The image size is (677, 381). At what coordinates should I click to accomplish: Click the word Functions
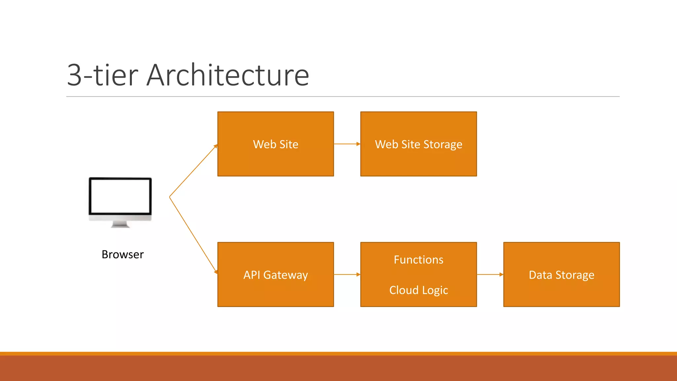click(x=418, y=260)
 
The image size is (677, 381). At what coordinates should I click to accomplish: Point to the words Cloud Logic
click(x=418, y=290)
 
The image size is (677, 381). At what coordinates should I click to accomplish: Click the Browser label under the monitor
click(x=123, y=254)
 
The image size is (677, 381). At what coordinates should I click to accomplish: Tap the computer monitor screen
click(x=120, y=196)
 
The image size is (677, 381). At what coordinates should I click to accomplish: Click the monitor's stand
click(x=120, y=225)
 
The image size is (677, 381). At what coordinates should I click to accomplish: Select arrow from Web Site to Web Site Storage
click(x=347, y=144)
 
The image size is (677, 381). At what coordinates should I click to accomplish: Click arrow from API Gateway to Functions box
click(x=347, y=275)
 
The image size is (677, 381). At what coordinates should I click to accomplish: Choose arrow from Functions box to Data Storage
click(x=490, y=275)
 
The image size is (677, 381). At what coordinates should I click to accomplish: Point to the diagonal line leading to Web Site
click(x=193, y=171)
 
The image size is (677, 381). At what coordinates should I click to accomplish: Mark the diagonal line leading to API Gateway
click(x=193, y=235)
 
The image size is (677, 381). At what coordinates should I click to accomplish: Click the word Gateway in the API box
click(x=286, y=275)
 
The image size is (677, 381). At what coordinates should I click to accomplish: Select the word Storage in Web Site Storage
click(x=443, y=145)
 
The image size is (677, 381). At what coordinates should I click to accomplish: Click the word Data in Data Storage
click(x=540, y=275)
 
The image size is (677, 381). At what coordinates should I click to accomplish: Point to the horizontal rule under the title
click(x=343, y=97)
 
